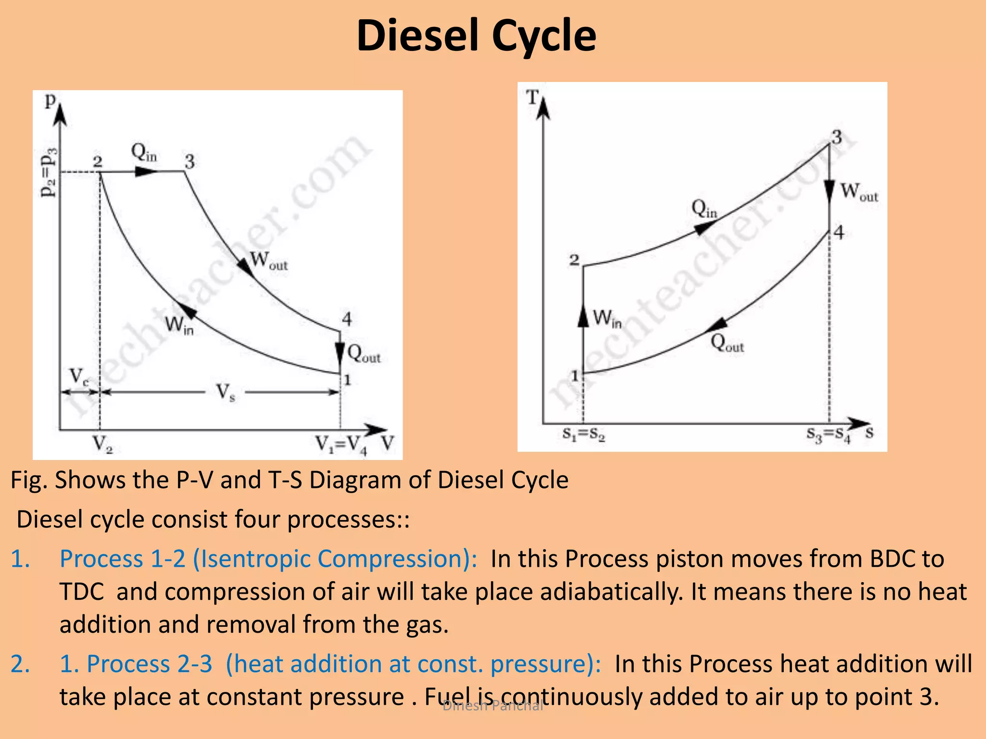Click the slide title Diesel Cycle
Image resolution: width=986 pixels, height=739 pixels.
pos(476,36)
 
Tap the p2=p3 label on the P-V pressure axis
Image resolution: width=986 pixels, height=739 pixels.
pos(49,173)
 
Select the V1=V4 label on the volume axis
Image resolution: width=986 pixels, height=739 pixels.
pos(341,445)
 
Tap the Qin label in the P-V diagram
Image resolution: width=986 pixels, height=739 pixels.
pos(144,153)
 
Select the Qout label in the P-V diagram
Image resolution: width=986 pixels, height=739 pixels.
pos(364,354)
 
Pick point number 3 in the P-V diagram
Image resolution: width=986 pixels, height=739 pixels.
pos(190,162)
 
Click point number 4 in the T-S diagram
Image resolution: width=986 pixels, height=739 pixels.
pos(839,233)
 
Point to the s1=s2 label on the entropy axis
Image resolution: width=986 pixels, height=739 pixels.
pos(584,434)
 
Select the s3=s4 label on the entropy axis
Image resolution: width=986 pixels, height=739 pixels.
pos(829,434)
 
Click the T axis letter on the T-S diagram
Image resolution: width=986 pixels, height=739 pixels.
pos(532,98)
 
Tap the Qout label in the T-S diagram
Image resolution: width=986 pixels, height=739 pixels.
pos(727,343)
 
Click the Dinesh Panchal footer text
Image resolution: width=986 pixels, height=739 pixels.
pos(493,706)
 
